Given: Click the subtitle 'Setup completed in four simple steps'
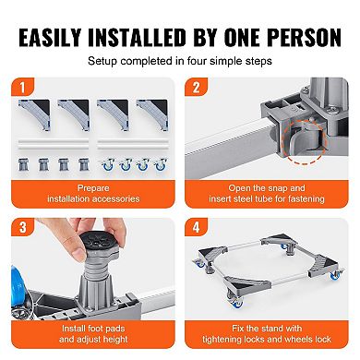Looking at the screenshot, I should coord(180,61).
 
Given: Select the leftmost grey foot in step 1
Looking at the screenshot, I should coord(31,162).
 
